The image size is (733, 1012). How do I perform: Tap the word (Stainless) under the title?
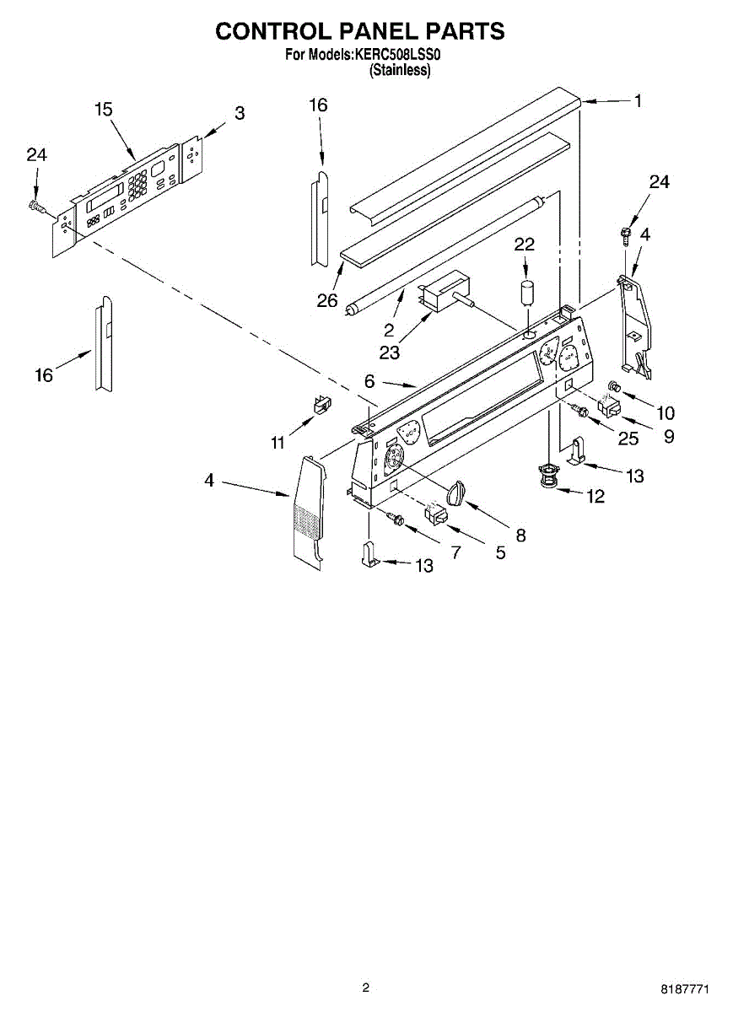(x=401, y=71)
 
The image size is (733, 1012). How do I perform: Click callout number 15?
(x=103, y=110)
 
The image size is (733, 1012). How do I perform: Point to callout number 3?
(x=240, y=113)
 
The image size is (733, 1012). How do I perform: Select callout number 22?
(x=525, y=244)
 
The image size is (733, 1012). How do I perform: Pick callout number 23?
(x=389, y=353)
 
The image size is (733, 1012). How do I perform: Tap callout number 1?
(x=638, y=101)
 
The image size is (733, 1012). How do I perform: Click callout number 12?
(x=596, y=497)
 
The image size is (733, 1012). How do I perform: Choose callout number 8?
(x=520, y=535)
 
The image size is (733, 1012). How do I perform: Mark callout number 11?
(x=278, y=443)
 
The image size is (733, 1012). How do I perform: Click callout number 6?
(x=369, y=381)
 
